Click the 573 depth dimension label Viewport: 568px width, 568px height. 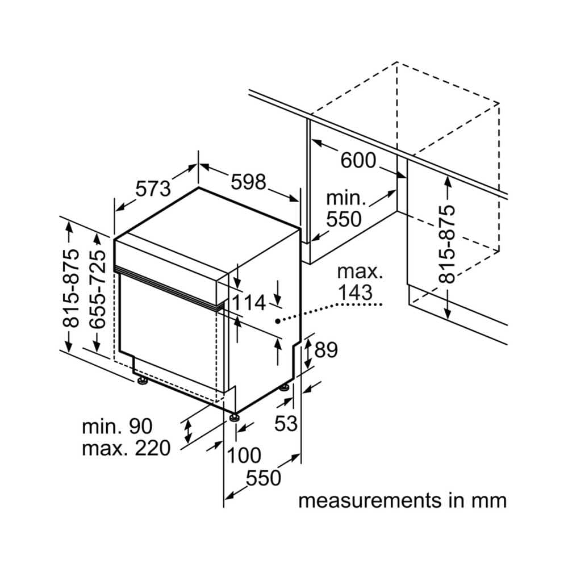pos(153,188)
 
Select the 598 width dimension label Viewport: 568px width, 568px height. pos(248,182)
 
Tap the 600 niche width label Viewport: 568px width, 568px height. pos(358,161)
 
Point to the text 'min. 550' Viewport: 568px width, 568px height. pos(344,208)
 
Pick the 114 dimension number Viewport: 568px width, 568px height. pos(248,303)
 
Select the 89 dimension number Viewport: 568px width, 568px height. pos(326,350)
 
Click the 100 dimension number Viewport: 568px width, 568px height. pos(244,455)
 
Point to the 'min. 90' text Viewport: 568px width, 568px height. pos(117,426)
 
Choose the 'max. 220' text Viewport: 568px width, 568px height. pos(126,449)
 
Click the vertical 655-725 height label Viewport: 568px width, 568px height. pos(98,289)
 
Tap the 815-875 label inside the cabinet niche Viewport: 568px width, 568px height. pos(448,244)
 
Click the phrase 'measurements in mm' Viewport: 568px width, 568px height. pos(402,500)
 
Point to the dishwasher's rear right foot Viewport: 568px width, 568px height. pos(283,388)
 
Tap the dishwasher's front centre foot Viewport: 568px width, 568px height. pos(233,419)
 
